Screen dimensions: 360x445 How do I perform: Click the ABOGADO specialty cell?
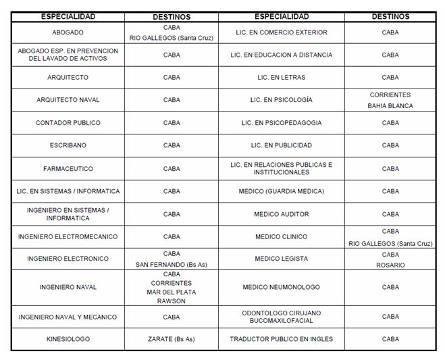click(x=68, y=32)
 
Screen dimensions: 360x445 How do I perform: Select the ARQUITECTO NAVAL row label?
click(x=68, y=100)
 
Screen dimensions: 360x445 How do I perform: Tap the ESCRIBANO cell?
click(x=68, y=145)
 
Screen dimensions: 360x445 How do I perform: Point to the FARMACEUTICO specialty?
click(x=68, y=168)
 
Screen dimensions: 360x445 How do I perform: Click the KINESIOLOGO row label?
click(x=68, y=339)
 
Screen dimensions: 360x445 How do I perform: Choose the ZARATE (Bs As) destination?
click(x=172, y=339)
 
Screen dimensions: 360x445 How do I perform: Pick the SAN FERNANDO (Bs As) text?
click(x=172, y=265)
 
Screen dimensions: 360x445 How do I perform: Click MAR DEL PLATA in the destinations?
click(x=172, y=292)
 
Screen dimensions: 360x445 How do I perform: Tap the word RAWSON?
click(x=172, y=302)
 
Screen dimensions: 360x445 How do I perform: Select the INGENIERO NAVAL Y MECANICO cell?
click(x=68, y=317)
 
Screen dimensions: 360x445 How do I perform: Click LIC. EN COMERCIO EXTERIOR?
click(x=281, y=32)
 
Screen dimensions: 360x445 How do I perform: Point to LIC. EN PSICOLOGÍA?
click(x=281, y=100)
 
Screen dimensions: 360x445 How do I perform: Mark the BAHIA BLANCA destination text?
click(x=390, y=106)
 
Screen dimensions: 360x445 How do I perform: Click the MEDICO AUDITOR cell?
click(x=281, y=214)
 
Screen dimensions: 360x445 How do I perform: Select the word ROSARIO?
click(x=390, y=265)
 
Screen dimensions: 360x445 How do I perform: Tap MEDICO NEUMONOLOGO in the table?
click(x=281, y=287)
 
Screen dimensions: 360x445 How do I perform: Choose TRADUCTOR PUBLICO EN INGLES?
click(x=281, y=339)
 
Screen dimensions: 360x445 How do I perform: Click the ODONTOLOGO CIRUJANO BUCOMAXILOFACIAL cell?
click(x=281, y=317)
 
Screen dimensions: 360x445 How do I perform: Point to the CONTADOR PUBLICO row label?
click(x=68, y=123)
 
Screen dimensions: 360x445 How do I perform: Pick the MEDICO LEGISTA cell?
click(x=281, y=259)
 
